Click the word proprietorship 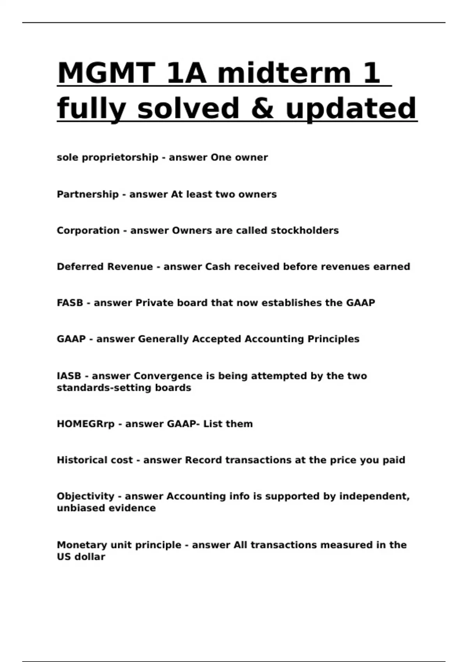(120, 158)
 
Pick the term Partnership (88, 194)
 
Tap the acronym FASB (70, 303)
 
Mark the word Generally (163, 339)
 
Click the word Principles (333, 339)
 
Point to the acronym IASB (69, 376)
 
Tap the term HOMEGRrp (86, 424)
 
